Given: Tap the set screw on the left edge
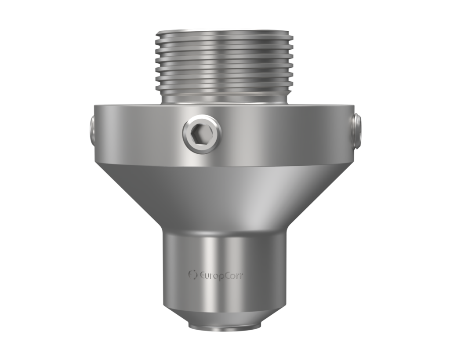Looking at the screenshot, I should [91, 130].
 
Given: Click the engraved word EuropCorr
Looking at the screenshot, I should [221, 276].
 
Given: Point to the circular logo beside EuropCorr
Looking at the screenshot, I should [192, 275].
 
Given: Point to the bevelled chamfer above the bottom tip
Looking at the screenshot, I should [225, 314].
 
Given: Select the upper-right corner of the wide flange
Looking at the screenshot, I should [354, 106].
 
